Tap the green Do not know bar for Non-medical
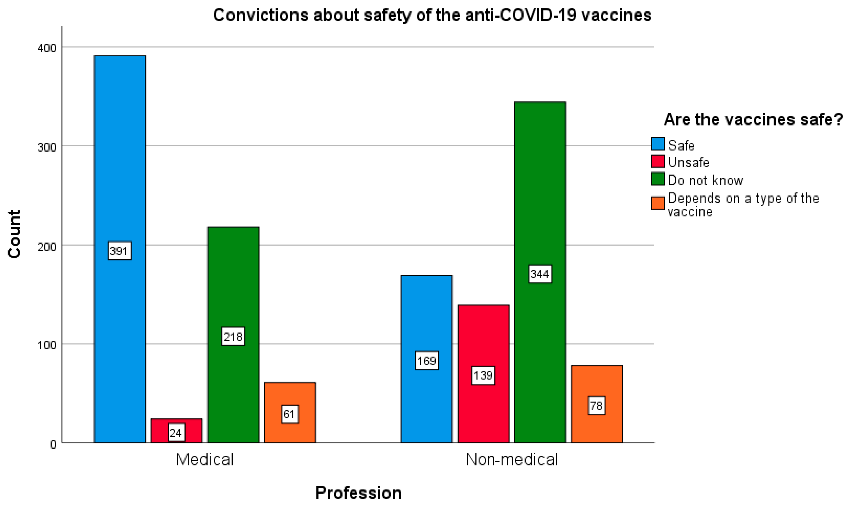[540, 188]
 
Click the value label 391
[120, 251]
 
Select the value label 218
[233, 337]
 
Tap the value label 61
[290, 414]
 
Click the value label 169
[427, 361]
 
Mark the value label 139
[483, 376]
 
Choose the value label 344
[540, 274]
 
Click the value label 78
[596, 406]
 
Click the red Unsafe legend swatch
[658, 162]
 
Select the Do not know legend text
[705, 180]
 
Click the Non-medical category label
[512, 459]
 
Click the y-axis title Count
[14, 234]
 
